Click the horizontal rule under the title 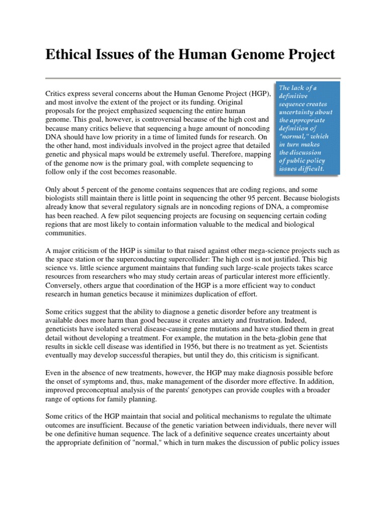(193, 78)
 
